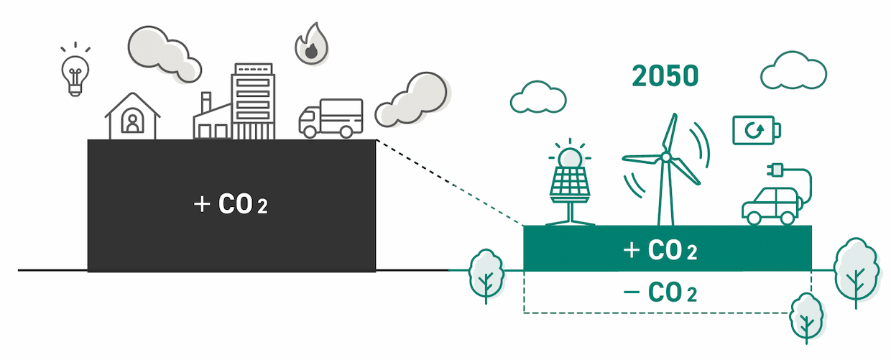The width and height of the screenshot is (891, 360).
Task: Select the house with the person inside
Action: [132, 116]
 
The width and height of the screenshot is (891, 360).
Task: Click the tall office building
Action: [253, 101]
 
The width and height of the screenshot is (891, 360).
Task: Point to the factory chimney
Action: [206, 102]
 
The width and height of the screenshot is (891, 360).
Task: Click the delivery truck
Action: [331, 118]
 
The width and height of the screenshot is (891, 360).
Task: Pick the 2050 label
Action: [665, 75]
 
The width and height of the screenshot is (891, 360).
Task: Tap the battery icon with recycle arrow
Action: [757, 130]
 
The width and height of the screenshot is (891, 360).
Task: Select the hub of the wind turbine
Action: [665, 157]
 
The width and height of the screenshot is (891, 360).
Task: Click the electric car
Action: [771, 206]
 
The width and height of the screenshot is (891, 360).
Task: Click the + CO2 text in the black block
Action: [231, 204]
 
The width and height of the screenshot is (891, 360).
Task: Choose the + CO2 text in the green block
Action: [660, 250]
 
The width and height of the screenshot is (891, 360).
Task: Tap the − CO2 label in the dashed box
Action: [660, 292]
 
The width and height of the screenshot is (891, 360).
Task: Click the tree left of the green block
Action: [486, 275]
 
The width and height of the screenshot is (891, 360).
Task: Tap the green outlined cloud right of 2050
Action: [793, 71]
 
